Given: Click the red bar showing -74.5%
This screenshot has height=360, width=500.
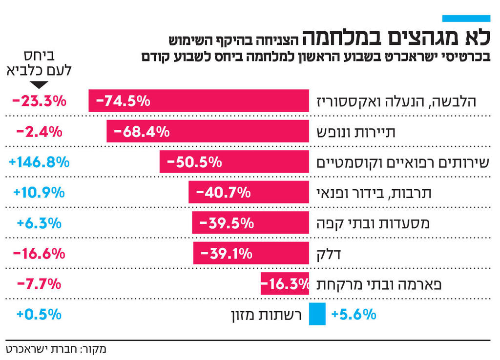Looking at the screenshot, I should pos(198,101).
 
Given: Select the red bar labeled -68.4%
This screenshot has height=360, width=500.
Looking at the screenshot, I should pos(208,131).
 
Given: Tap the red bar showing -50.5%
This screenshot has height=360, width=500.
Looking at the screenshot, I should pos(234,161).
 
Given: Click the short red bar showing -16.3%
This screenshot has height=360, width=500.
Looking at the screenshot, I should pos(285,284).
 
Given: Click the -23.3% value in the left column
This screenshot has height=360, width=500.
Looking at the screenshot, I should pos(39,101).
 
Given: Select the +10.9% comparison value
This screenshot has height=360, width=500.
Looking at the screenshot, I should pos(39,192).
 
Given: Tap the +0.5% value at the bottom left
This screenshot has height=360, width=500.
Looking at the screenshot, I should pos(39,314).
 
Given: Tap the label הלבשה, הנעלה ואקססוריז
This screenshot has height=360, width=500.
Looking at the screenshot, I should pos(396,101).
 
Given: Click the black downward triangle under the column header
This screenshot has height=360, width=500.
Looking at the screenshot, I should pos(39,84).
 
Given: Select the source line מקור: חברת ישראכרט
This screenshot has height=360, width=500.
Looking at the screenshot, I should pos(56,349).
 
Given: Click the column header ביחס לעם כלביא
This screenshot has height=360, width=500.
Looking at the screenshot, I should pos(39,63).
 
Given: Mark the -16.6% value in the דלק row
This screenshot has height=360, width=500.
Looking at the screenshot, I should pos(39,253).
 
